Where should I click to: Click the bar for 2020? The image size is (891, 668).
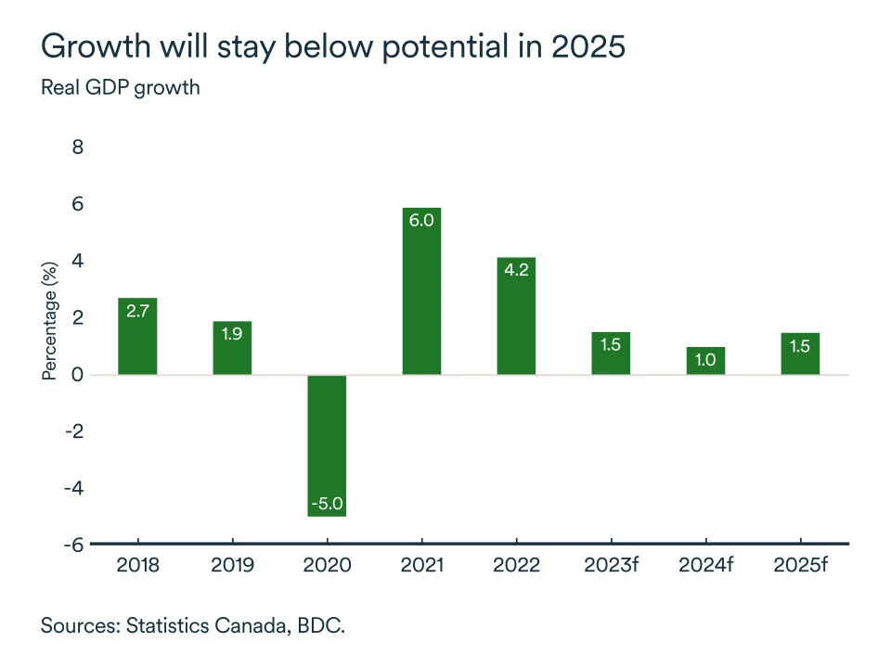click(x=327, y=445)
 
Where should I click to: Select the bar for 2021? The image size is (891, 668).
click(x=421, y=291)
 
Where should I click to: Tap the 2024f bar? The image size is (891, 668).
click(x=705, y=361)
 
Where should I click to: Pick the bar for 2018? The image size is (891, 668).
click(x=137, y=336)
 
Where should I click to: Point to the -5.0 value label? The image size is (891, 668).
click(x=327, y=504)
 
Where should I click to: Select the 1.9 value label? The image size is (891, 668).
click(x=232, y=333)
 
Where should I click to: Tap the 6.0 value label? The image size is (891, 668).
click(x=422, y=221)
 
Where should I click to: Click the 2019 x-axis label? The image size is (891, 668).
click(x=232, y=565)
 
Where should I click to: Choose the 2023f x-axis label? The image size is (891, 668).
click(x=611, y=565)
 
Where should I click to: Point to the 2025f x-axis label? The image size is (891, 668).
click(x=800, y=565)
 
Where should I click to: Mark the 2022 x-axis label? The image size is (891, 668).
click(x=517, y=565)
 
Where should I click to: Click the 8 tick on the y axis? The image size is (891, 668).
click(x=78, y=148)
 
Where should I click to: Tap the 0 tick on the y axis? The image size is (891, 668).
click(x=78, y=375)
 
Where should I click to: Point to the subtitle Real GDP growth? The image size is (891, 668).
click(x=120, y=88)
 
